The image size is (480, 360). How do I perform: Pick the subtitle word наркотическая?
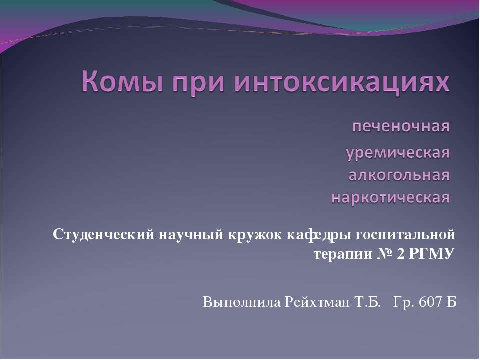point(391,198)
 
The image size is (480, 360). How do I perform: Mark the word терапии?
point(342,254)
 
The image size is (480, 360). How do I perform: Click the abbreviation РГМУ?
point(433,254)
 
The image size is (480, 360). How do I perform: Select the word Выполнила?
point(242,302)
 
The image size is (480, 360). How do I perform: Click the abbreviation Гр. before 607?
point(404,302)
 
